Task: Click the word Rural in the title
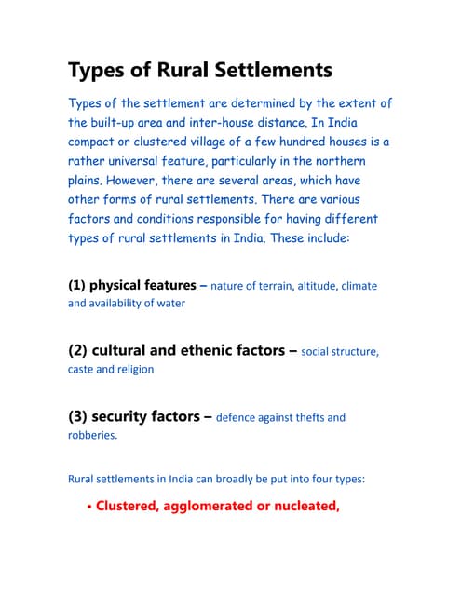click(197, 72)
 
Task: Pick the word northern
click(361, 161)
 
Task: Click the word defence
click(238, 418)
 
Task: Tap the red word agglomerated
click(212, 507)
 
